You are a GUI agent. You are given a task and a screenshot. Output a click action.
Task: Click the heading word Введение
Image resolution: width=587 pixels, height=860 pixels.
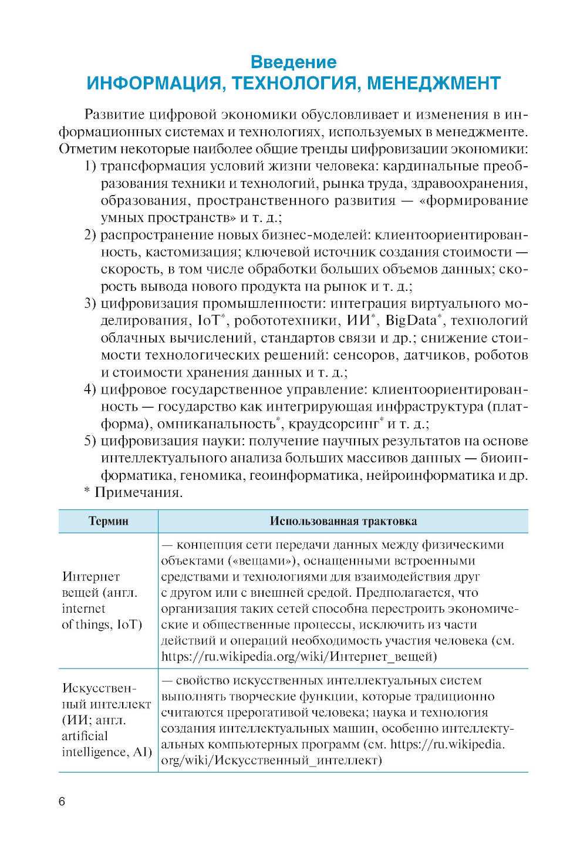pyautogui.click(x=293, y=62)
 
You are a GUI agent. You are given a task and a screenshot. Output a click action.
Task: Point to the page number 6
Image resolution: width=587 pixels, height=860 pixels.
pyautogui.click(x=62, y=801)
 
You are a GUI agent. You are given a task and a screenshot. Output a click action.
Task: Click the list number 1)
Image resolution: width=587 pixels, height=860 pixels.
pyautogui.click(x=90, y=166)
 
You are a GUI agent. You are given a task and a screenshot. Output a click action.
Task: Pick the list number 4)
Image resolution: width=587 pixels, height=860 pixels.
pyautogui.click(x=90, y=389)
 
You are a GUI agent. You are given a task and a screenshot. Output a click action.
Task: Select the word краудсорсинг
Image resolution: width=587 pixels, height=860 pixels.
pyautogui.click(x=333, y=424)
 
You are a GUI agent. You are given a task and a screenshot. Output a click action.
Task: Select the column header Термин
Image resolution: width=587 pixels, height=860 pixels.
pyautogui.click(x=108, y=522)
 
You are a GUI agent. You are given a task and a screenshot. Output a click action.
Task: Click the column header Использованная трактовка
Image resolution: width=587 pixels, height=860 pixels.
pyautogui.click(x=343, y=522)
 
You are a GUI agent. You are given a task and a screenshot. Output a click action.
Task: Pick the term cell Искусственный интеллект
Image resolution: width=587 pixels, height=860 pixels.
pyautogui.click(x=106, y=720)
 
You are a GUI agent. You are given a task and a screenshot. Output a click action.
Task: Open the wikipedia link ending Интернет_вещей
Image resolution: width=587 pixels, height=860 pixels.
pyautogui.click(x=299, y=657)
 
